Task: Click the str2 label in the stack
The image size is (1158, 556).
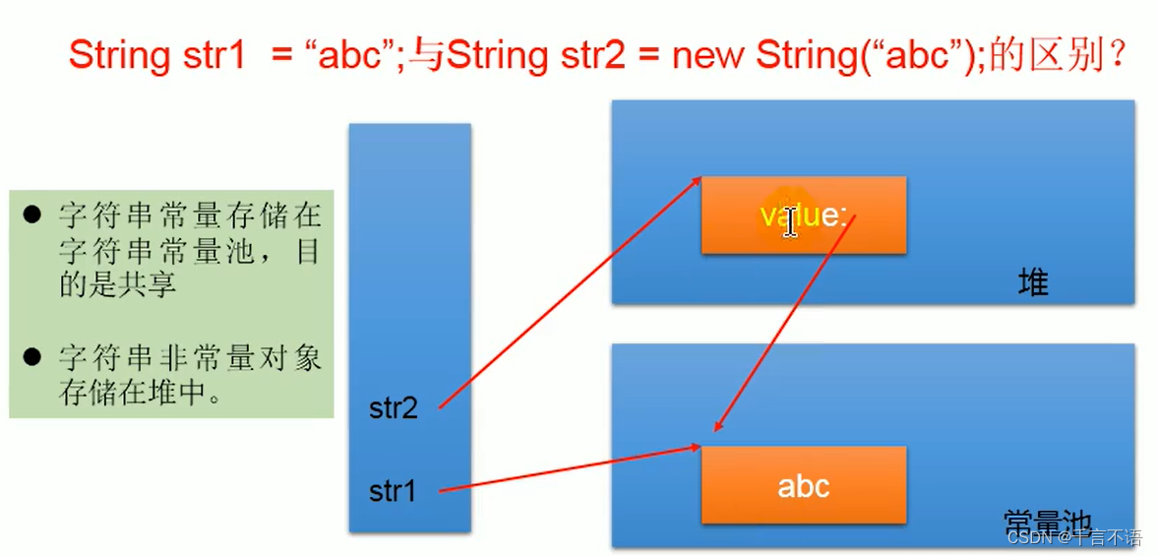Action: click(394, 408)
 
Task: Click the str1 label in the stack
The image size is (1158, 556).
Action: click(394, 490)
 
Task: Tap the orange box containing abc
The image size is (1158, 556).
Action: click(803, 485)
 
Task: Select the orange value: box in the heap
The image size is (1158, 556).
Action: click(803, 216)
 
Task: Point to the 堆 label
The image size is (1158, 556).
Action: click(1033, 283)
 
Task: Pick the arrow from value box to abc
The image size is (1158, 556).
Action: click(782, 325)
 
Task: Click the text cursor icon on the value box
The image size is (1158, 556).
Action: click(790, 221)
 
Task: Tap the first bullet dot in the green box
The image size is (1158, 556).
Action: click(33, 215)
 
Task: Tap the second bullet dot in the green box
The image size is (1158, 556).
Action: click(33, 356)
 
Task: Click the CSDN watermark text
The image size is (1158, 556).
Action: click(1031, 537)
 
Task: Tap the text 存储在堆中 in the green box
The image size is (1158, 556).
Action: click(137, 391)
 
